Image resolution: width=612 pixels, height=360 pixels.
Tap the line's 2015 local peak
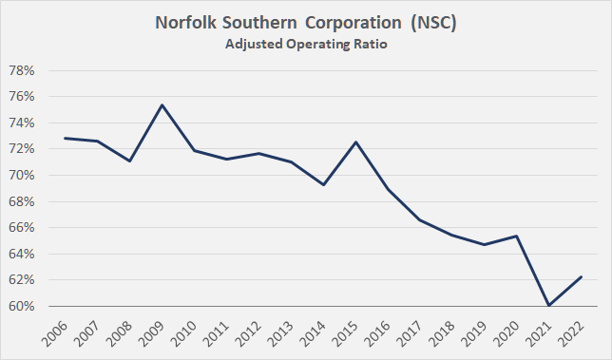[x=354, y=142]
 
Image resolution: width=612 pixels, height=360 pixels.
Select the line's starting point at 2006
[x=64, y=138]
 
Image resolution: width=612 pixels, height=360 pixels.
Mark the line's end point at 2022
[x=581, y=276]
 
